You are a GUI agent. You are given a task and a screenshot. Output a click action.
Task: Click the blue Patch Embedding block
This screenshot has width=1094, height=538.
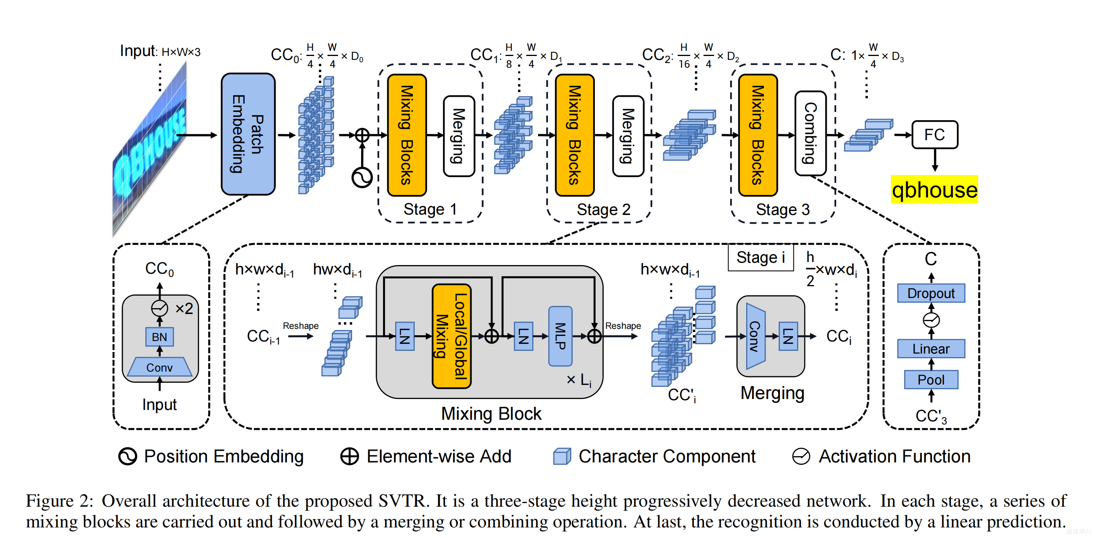coord(248,134)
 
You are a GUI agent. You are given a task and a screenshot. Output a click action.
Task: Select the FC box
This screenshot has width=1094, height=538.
coord(935,135)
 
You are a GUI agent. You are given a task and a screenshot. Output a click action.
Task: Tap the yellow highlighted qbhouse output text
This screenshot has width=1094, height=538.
coord(934,189)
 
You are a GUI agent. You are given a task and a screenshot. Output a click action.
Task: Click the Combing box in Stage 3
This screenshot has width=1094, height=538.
coord(810,133)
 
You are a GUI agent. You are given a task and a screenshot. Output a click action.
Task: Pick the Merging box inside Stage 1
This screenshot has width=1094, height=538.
coord(459,136)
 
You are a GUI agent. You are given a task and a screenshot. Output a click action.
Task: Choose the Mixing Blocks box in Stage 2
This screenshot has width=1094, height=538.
coord(575,135)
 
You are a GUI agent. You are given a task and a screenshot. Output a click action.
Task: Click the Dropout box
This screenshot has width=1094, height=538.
coord(931,293)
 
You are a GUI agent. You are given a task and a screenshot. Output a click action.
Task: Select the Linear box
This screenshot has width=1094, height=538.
coord(931,348)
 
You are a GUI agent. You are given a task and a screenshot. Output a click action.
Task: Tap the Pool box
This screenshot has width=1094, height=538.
coord(931,379)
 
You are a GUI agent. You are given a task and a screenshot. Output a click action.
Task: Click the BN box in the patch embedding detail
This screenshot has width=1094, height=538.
coord(159,337)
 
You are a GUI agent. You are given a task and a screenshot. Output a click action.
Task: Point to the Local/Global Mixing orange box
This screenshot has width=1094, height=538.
coord(452,336)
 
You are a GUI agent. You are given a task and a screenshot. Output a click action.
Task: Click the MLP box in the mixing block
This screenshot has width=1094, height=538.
coord(560,336)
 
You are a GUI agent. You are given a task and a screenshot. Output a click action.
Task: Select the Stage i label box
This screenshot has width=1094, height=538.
coord(761,257)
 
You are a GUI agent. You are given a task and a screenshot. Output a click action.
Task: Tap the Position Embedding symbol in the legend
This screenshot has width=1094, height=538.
coord(128,457)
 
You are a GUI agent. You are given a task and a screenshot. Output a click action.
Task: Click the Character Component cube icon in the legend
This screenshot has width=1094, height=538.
coord(562,457)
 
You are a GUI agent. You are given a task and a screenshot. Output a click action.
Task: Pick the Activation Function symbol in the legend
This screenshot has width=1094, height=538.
coord(801,457)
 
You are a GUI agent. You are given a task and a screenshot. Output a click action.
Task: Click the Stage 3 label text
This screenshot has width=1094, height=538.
coord(783,209)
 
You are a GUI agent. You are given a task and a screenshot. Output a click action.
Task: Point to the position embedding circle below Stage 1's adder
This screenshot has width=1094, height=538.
coord(362,177)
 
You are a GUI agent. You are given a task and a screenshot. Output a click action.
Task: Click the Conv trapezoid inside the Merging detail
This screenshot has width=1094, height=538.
coord(756,336)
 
